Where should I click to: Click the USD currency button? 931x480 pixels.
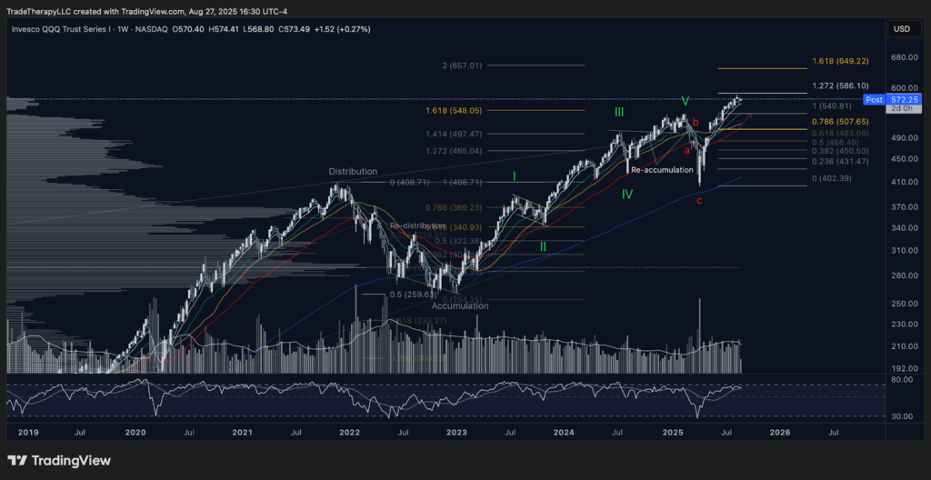(x=901, y=29)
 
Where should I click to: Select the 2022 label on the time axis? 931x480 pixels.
(x=350, y=435)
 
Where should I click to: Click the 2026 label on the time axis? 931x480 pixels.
(x=779, y=435)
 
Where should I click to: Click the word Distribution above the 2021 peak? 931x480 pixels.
(x=354, y=171)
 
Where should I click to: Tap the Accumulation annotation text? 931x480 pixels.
(x=460, y=306)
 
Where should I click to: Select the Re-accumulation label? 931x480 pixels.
(x=662, y=170)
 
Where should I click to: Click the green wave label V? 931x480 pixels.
(x=686, y=100)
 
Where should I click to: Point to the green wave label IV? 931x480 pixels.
(x=628, y=194)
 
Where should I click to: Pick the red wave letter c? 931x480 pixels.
(x=699, y=199)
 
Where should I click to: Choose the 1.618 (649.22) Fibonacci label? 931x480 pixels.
(x=840, y=61)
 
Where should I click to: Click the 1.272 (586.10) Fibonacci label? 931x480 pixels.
(x=840, y=85)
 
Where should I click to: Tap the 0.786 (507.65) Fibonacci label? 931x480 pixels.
(x=840, y=121)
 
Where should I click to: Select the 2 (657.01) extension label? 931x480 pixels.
(x=462, y=65)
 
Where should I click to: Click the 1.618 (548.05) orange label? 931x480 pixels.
(x=454, y=110)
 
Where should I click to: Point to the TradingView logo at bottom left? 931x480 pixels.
(x=59, y=461)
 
